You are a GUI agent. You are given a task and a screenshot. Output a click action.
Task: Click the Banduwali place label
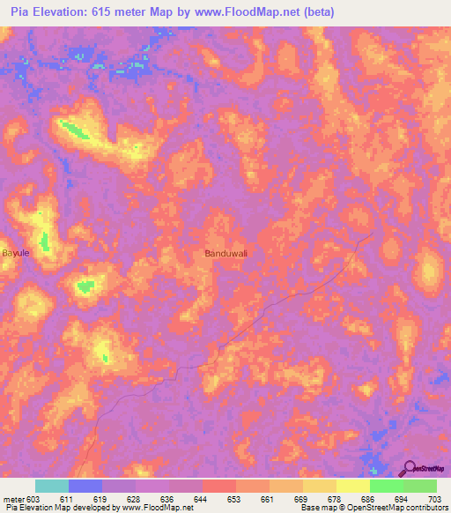coord(226,253)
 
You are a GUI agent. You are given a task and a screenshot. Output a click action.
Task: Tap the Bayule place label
coord(17,252)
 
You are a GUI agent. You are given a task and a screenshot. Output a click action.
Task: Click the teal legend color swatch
coord(52,486)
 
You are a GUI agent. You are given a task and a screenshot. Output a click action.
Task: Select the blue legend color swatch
coord(85,486)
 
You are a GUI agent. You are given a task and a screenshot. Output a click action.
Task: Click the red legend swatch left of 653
coord(219,486)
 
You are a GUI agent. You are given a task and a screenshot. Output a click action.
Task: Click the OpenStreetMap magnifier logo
coord(409,468)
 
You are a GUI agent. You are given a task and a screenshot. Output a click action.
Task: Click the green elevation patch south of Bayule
coord(85,286)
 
